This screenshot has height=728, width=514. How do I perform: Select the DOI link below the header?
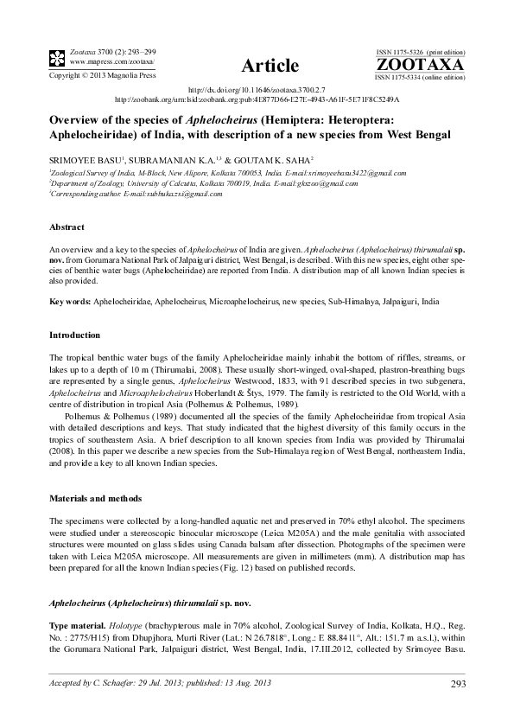[256, 90]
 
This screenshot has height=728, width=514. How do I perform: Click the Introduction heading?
[75, 334]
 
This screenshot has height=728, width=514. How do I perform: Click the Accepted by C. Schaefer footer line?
[149, 685]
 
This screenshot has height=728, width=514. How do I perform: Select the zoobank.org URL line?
[256, 99]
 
